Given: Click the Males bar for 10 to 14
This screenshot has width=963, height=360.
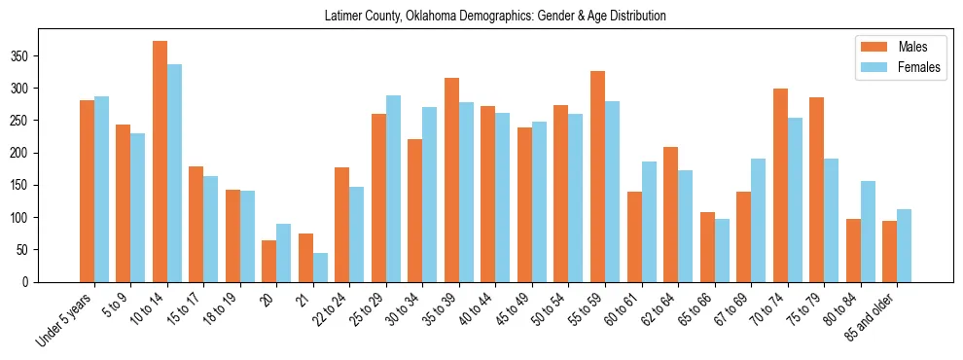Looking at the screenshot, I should pyautogui.click(x=160, y=162).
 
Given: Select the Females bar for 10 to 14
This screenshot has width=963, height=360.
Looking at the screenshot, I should pyautogui.click(x=174, y=173).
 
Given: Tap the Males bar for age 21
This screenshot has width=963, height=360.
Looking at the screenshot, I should pyautogui.click(x=305, y=258).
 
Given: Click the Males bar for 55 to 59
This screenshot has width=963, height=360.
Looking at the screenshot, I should pyautogui.click(x=597, y=177).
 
